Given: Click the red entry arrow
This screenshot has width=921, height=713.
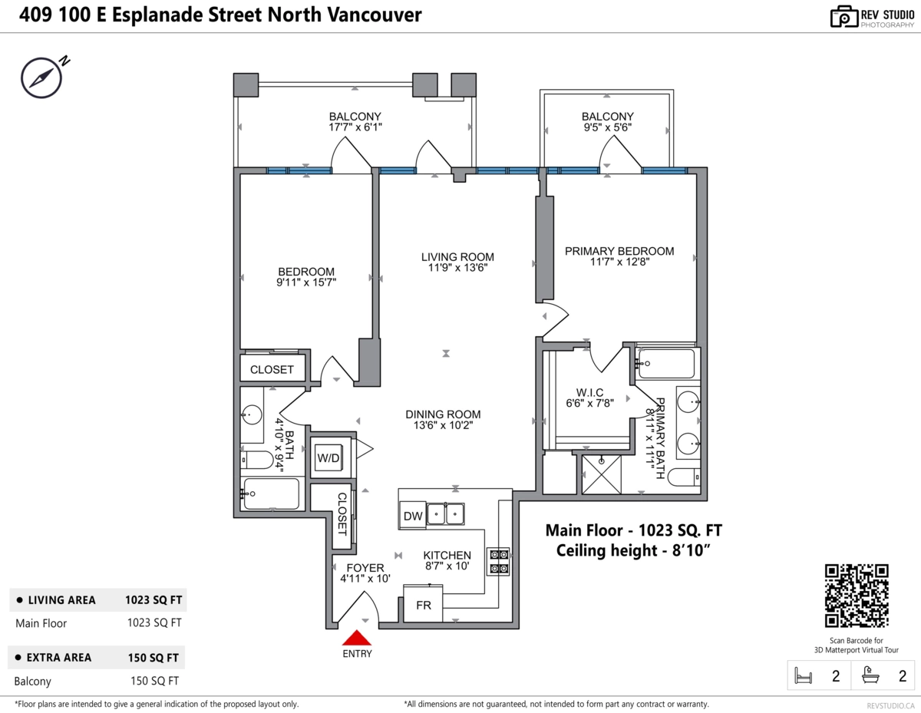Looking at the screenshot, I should pos(356,638).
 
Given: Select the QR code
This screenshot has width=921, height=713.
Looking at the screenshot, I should pos(857,596).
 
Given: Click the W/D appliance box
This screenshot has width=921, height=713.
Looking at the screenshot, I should pos(328,457).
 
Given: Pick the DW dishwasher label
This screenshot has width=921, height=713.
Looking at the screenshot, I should pos(412,517).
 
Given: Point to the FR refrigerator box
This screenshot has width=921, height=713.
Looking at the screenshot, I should pos(424,605).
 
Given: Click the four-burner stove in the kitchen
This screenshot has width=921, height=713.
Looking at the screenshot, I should pos(497,561).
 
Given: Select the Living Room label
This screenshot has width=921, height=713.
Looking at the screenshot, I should pos(457,257).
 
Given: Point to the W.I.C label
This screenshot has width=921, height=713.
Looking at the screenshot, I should pos(589,393).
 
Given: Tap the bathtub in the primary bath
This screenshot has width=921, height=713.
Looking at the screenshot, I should pos(666,363).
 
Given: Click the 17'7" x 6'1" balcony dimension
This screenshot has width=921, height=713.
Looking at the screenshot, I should pos(355,128).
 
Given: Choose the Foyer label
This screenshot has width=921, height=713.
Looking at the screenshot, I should pos(365,568).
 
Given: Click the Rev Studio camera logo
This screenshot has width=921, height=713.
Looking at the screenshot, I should pos(843,16).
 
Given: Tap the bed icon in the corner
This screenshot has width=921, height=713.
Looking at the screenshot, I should pos(803,676).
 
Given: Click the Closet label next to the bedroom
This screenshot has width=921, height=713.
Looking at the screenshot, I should pos(272,369).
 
